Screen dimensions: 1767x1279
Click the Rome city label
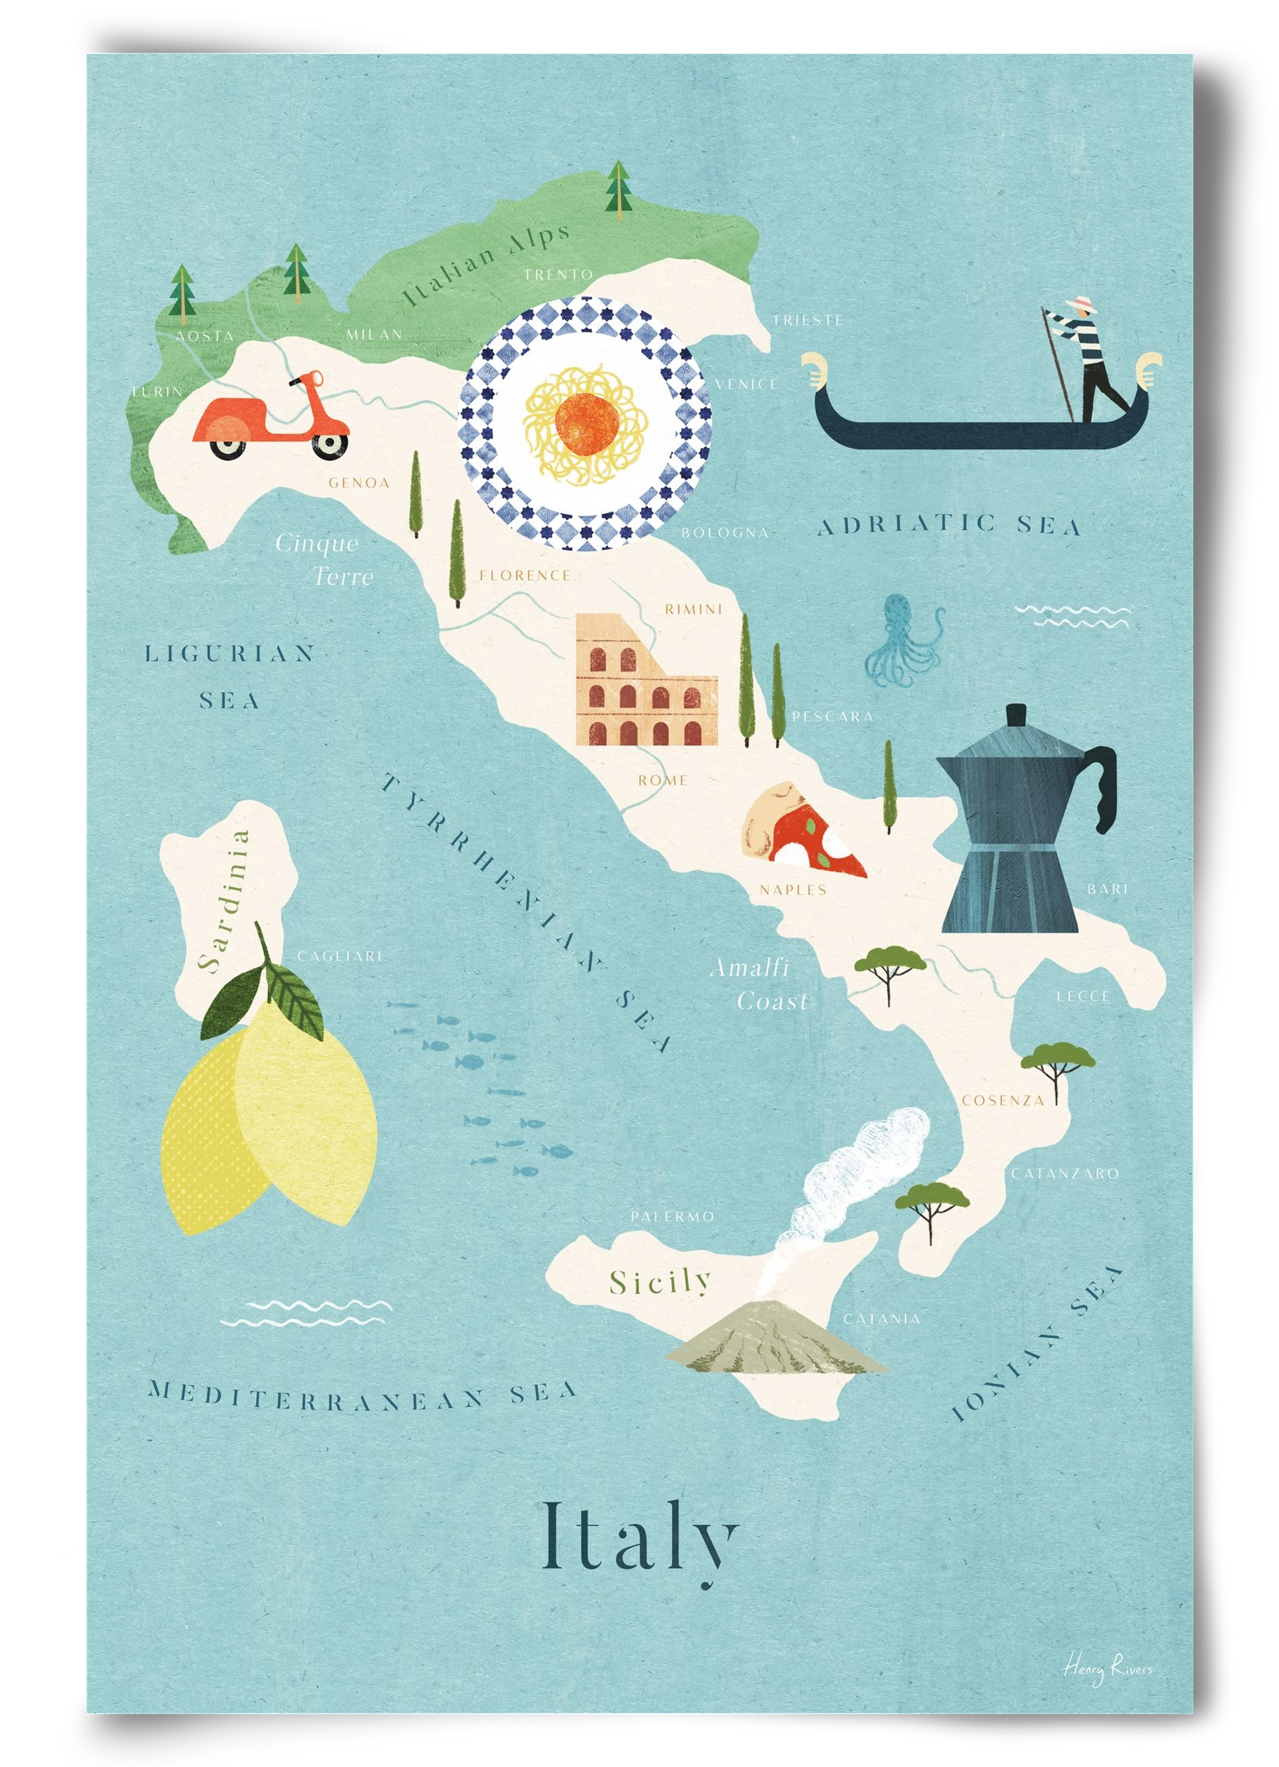[x=663, y=780]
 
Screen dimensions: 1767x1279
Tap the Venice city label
[x=746, y=384]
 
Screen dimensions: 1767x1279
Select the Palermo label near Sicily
[x=672, y=1216]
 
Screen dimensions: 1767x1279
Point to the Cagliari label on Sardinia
[x=338, y=956]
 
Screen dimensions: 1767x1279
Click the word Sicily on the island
[x=661, y=1281]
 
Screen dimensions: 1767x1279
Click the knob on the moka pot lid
[x=1014, y=715]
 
